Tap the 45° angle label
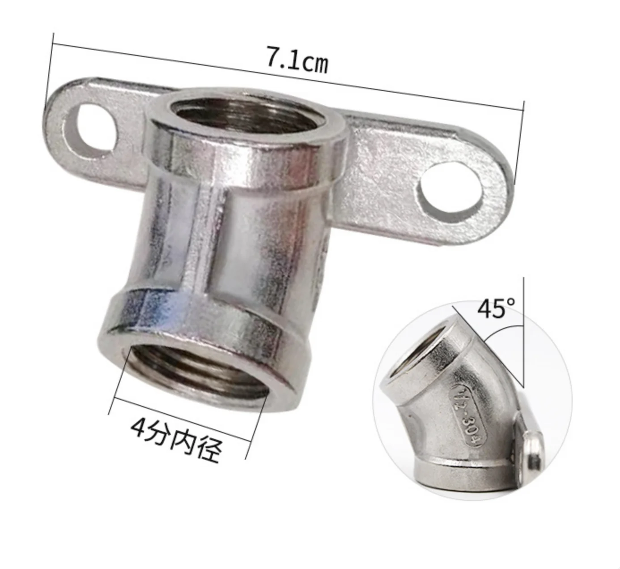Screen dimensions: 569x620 point(496,308)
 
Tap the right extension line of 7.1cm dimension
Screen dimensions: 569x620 point(519,143)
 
